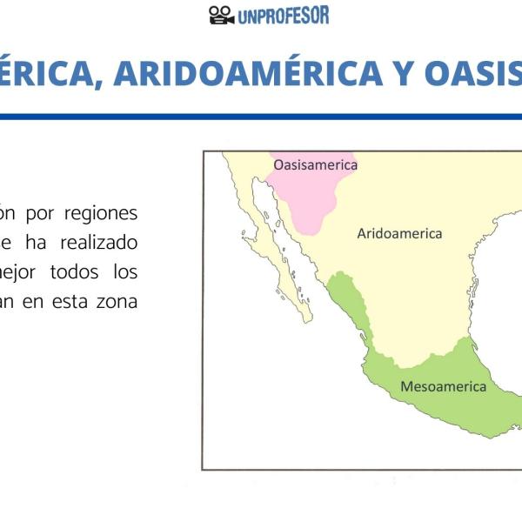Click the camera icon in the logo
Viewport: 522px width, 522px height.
pos(222,15)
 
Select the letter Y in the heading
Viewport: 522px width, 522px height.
pos(402,73)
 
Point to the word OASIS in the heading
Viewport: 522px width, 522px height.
pos(473,73)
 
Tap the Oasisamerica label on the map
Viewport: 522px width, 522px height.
pos(315,164)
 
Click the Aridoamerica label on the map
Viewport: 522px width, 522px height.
pos(399,233)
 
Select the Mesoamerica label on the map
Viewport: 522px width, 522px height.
pos(443,386)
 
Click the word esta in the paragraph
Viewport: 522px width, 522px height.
pos(66,302)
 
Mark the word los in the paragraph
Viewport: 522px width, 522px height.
pos(124,272)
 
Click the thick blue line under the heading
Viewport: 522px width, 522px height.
pos(261,116)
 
